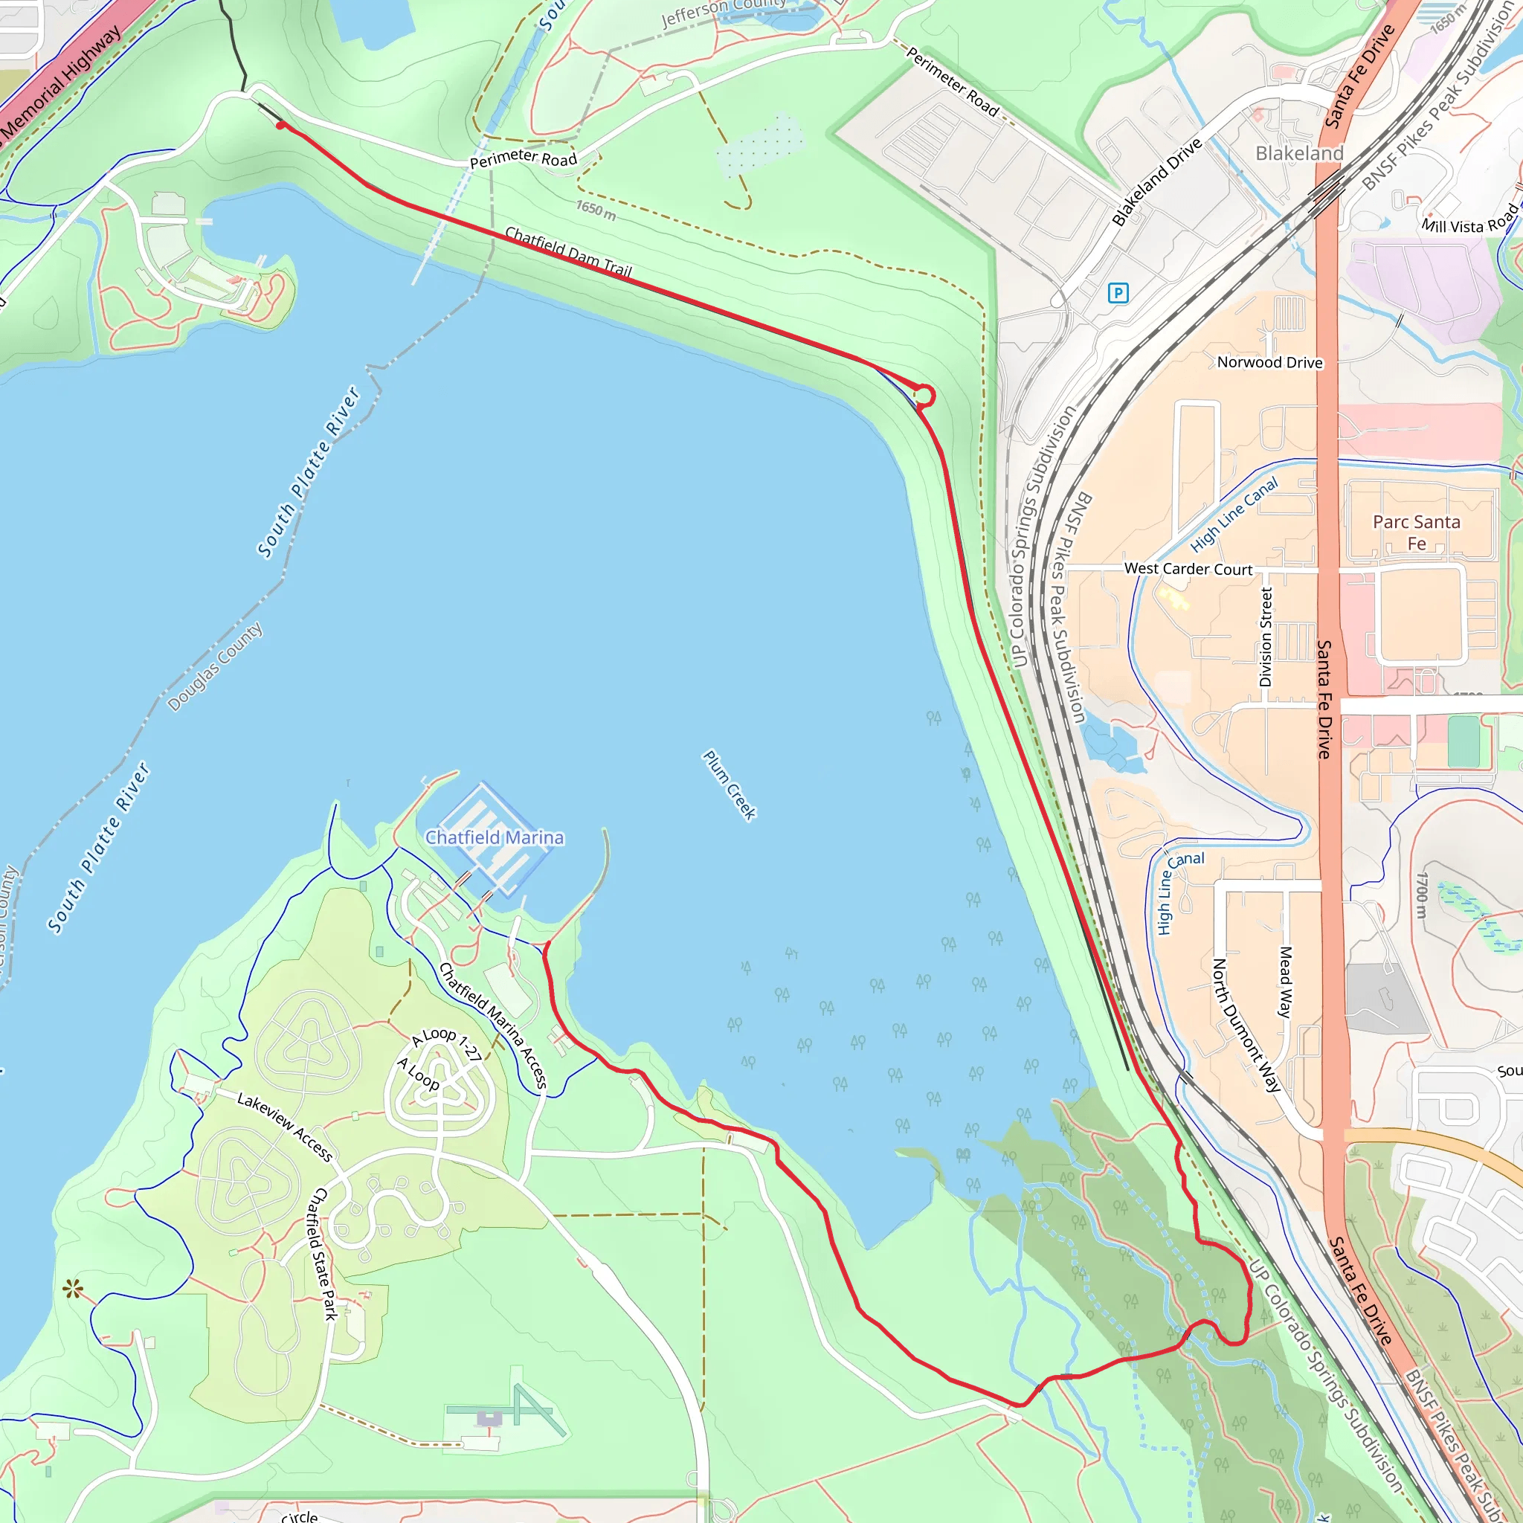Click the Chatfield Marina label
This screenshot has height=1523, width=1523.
tap(495, 837)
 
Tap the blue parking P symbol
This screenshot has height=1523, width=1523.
tap(1118, 294)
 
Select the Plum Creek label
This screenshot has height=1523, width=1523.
tap(730, 785)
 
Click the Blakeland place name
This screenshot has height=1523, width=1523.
tap(1299, 153)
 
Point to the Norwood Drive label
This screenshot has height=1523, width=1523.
tap(1269, 363)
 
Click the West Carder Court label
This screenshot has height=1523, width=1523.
tap(1188, 568)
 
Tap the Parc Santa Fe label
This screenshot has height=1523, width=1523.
tap(1417, 532)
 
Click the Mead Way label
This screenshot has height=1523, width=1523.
tap(1285, 982)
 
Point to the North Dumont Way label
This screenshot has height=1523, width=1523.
tap(1246, 1025)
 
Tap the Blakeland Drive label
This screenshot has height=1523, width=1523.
tap(1157, 182)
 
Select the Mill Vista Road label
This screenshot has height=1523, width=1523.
tap(1469, 221)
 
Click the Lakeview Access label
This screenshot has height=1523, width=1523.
tap(285, 1127)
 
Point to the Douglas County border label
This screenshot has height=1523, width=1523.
tap(214, 667)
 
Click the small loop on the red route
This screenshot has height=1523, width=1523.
tap(924, 396)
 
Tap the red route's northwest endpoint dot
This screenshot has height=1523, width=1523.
tap(280, 126)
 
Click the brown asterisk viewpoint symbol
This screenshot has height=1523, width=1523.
tap(73, 1289)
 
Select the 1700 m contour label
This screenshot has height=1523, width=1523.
tap(1420, 895)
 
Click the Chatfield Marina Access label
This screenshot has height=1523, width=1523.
tap(493, 1025)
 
